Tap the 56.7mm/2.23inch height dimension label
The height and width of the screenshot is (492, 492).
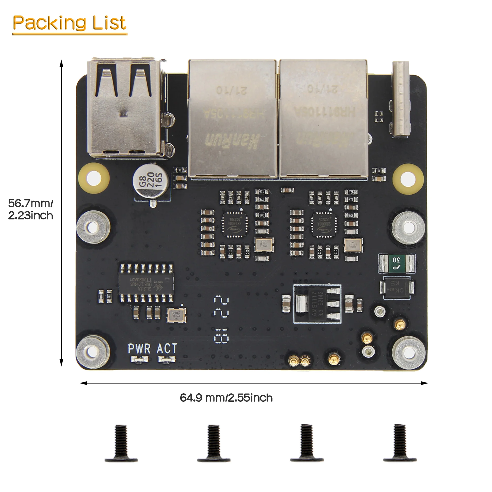[x=31, y=209]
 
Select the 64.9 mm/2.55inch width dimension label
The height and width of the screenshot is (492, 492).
[x=226, y=398]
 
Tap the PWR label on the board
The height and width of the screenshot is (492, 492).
[x=139, y=348]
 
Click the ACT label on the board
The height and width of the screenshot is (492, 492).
[x=167, y=348]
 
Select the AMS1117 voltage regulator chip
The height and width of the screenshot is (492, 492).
[x=317, y=304]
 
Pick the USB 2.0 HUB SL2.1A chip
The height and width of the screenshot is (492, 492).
[x=146, y=283]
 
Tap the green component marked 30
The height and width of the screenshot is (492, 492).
[x=397, y=263]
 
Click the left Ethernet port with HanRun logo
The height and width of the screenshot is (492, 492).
[x=232, y=118]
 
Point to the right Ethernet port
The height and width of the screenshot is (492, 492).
[x=323, y=118]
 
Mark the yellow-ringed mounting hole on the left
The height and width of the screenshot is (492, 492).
[x=94, y=178]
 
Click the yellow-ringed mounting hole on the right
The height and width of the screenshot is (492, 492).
[x=408, y=179]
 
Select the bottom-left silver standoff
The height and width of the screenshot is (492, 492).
[x=93, y=352]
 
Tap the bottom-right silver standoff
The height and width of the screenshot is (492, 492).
[x=409, y=353]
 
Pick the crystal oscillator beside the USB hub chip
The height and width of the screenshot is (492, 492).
[x=176, y=315]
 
